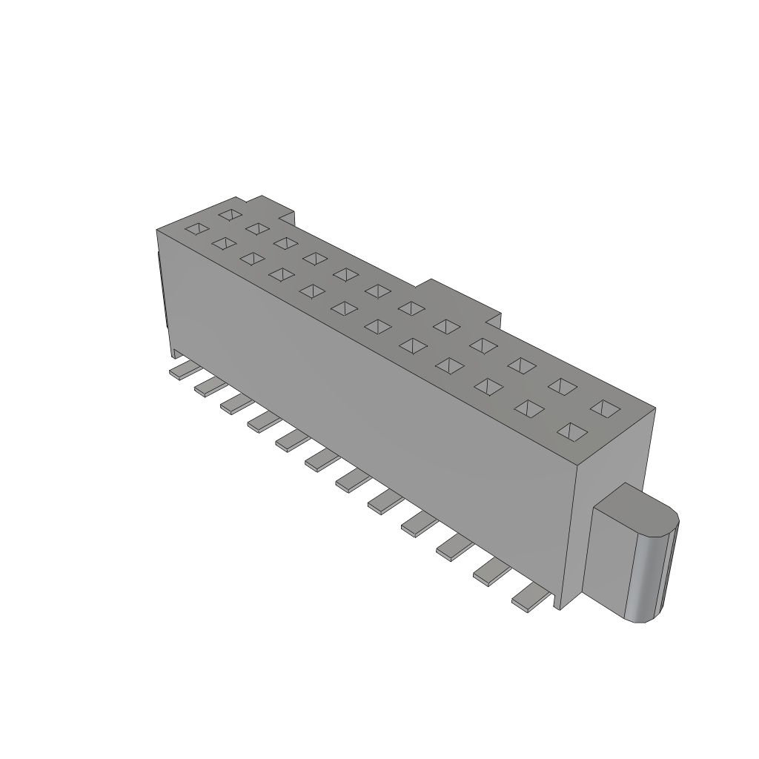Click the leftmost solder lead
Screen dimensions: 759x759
coord(180,371)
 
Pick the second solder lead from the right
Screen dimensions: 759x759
coord(490,571)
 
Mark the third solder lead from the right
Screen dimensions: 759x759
coord(453,548)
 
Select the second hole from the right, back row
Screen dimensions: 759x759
coord(564,385)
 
